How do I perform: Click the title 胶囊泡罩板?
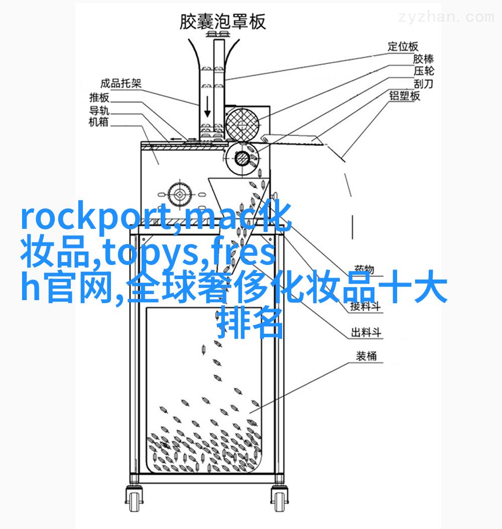222,22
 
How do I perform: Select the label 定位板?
403,47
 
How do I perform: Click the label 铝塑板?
405,96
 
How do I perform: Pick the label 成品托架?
120,83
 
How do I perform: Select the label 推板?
99,97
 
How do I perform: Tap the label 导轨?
99,110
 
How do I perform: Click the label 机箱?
99,122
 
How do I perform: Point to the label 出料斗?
366,332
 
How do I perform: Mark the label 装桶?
366,356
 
